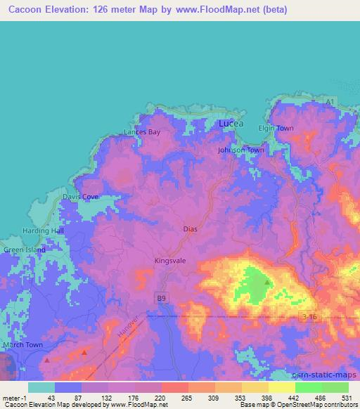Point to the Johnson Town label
[x=240, y=150]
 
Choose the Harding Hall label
[x=43, y=231]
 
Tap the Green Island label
[x=25, y=249]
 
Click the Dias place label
[x=191, y=228]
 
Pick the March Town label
[x=24, y=344]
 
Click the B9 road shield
[x=162, y=299]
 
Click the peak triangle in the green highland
[x=267, y=283]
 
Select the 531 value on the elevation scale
[x=346, y=397]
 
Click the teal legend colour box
[x=41, y=387]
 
